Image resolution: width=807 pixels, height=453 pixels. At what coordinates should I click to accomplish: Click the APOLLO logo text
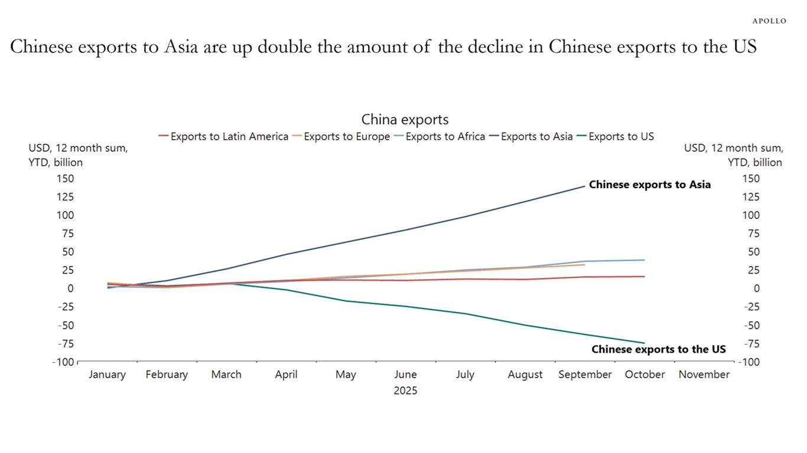pyautogui.click(x=769, y=21)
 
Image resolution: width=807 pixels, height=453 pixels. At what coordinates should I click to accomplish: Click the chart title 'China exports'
pyautogui.click(x=405, y=120)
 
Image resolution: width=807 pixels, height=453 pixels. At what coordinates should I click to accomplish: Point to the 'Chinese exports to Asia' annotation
pyautogui.click(x=650, y=185)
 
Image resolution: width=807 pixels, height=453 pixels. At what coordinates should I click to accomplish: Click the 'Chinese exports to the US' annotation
pyautogui.click(x=658, y=349)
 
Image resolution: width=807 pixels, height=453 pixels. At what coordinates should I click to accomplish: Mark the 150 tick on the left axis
pyautogui.click(x=65, y=178)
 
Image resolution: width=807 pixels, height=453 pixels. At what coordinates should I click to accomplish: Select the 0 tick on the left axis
pyautogui.click(x=70, y=288)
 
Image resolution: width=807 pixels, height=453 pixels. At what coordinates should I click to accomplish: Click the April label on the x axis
pyautogui.click(x=286, y=375)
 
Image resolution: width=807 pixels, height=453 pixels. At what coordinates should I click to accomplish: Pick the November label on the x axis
pyautogui.click(x=704, y=375)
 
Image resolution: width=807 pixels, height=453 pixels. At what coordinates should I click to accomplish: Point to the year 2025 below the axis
pyautogui.click(x=405, y=390)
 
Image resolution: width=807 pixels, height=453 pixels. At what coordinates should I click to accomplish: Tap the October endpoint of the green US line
pyautogui.click(x=644, y=343)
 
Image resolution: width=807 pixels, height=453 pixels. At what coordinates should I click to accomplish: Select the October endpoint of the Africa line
pyautogui.click(x=644, y=260)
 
